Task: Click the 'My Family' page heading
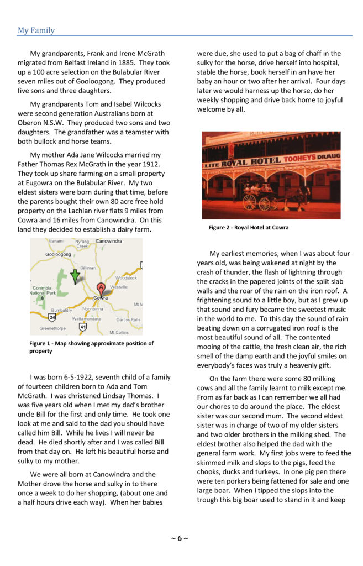click(36, 30)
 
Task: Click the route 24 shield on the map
click(52, 318)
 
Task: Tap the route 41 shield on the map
click(83, 327)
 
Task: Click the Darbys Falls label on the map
click(128, 319)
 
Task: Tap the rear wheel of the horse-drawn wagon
click(250, 202)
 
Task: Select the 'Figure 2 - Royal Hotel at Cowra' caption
click(249, 227)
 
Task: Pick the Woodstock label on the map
click(126, 278)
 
